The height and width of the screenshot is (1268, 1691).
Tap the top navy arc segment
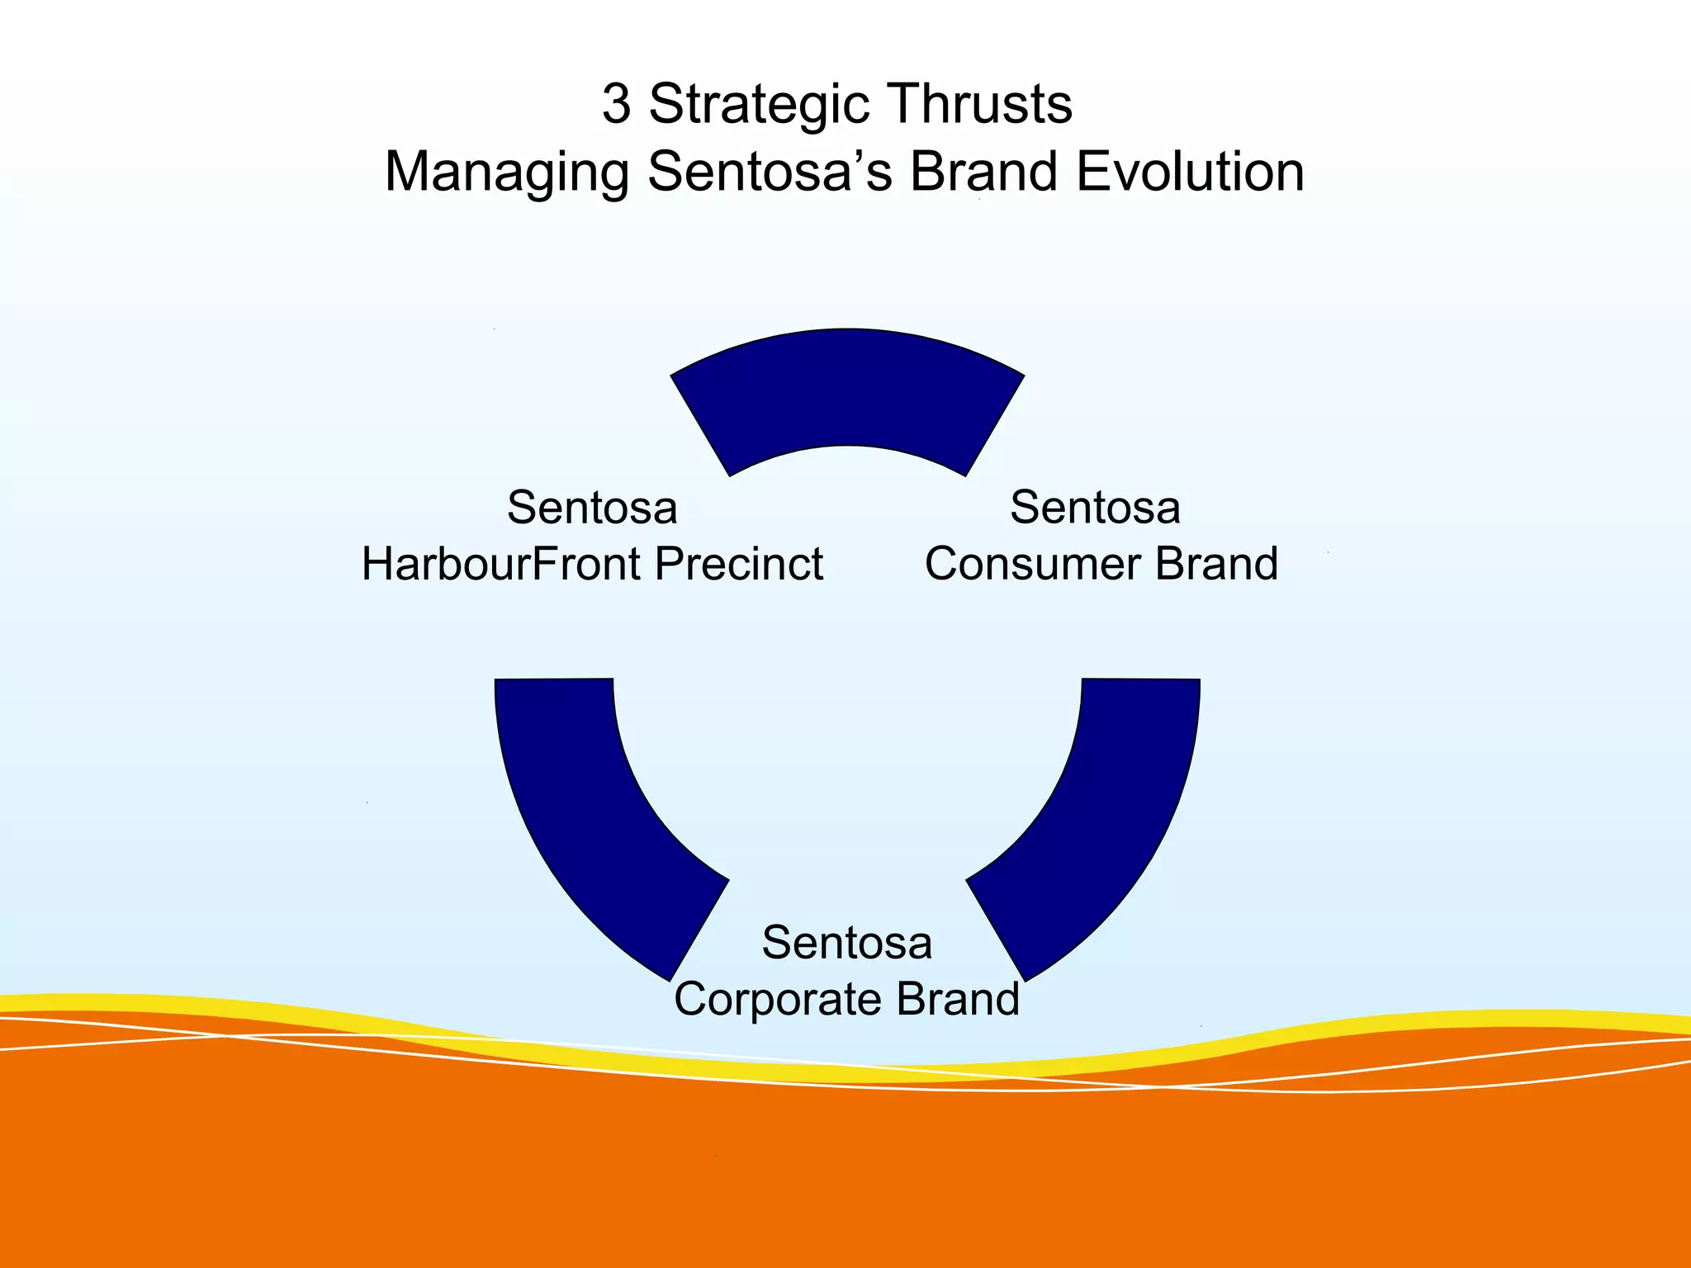tap(847, 396)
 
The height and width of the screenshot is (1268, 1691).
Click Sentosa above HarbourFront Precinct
tap(592, 507)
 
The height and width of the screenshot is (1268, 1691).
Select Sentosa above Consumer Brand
tap(1095, 507)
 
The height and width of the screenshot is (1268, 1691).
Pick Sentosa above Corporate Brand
tap(847, 943)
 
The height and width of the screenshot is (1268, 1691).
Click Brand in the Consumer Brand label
tap(1216, 565)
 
